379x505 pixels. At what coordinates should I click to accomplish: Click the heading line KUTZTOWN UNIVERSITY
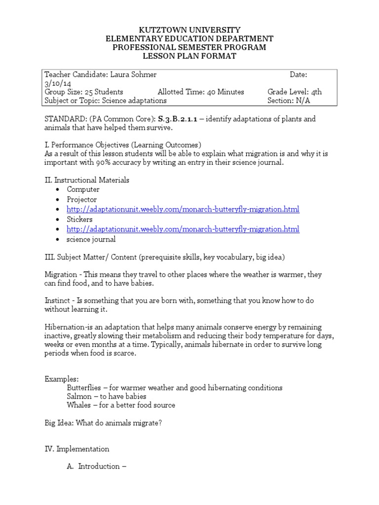pyautogui.click(x=189, y=30)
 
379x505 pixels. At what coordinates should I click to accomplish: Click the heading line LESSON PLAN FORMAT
pyautogui.click(x=189, y=56)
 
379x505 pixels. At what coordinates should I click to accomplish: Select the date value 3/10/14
pyautogui.click(x=57, y=83)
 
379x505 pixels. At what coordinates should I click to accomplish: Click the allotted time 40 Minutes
pyautogui.click(x=222, y=92)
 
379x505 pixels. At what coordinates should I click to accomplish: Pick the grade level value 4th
pyautogui.click(x=316, y=92)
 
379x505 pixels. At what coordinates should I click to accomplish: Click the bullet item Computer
pyautogui.click(x=83, y=189)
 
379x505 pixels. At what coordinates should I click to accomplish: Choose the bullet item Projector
pyautogui.click(x=82, y=199)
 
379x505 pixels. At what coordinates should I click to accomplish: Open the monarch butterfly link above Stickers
pyautogui.click(x=183, y=209)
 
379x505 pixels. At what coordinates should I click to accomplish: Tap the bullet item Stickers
pyautogui.click(x=80, y=219)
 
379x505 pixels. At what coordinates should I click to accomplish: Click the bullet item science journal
pyautogui.click(x=91, y=239)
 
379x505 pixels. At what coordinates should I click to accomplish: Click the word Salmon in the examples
pyautogui.click(x=79, y=396)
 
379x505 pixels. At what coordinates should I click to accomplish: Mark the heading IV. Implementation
pyautogui.click(x=77, y=449)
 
